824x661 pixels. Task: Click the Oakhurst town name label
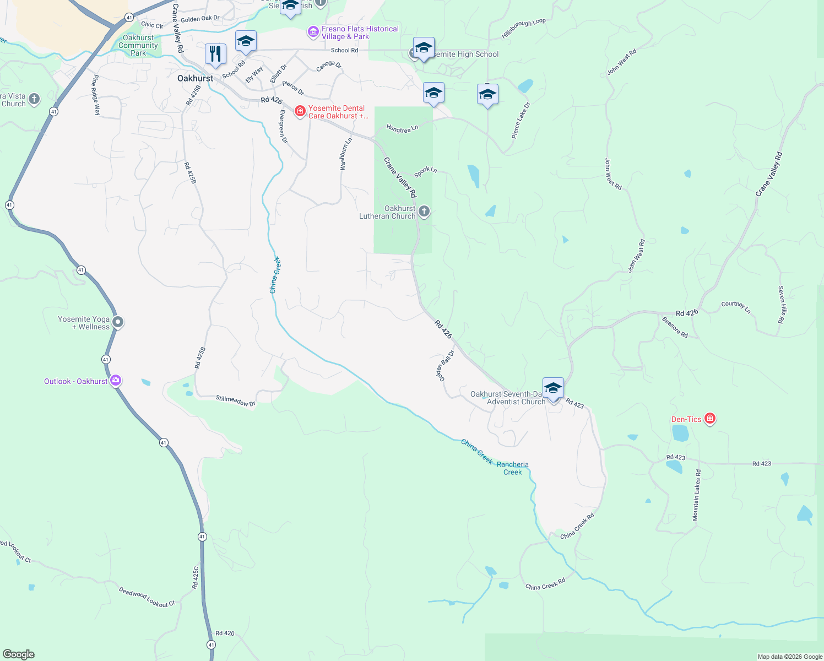pyautogui.click(x=195, y=78)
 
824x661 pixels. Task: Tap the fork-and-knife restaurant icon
pyautogui.click(x=215, y=53)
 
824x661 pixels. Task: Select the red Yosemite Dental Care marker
pyautogui.click(x=300, y=112)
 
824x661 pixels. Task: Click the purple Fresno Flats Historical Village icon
pyautogui.click(x=313, y=32)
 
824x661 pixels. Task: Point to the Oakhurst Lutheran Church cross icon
pyautogui.click(x=424, y=212)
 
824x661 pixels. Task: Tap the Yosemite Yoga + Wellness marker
pyautogui.click(x=117, y=322)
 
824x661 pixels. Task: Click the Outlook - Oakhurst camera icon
pyautogui.click(x=116, y=381)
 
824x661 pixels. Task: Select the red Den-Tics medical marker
pyautogui.click(x=710, y=419)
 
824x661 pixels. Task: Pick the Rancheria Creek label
pyautogui.click(x=512, y=468)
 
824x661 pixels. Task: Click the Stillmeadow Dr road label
pyautogui.click(x=235, y=400)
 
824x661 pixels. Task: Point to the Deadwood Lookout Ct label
pyautogui.click(x=147, y=597)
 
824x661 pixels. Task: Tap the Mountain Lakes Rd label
pyautogui.click(x=697, y=495)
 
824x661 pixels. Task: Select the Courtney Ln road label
pyautogui.click(x=736, y=307)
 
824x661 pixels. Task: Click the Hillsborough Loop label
pyautogui.click(x=523, y=29)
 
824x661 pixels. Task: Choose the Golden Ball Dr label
pyautogui.click(x=445, y=365)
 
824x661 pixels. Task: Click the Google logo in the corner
pyautogui.click(x=19, y=654)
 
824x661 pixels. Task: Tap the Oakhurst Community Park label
pyautogui.click(x=138, y=46)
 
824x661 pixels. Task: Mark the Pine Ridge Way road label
pyautogui.click(x=96, y=95)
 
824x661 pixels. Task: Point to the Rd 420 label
pyautogui.click(x=225, y=633)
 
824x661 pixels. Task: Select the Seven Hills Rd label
pyautogui.click(x=781, y=304)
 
